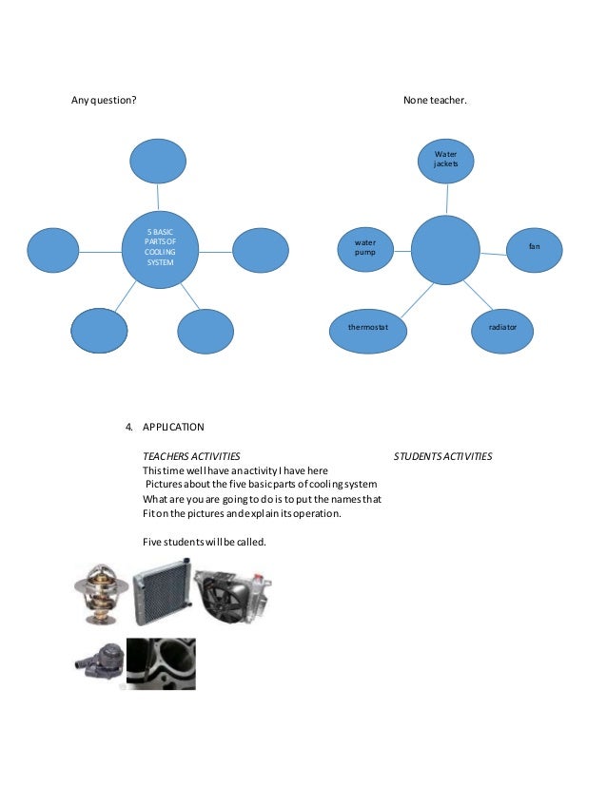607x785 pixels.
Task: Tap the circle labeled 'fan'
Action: tap(535, 246)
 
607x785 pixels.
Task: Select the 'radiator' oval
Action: tap(502, 326)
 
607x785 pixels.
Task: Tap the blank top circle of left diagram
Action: tap(158, 162)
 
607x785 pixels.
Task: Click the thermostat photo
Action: tap(99, 595)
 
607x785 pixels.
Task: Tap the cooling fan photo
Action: tap(232, 595)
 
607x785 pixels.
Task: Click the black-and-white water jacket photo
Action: tap(162, 663)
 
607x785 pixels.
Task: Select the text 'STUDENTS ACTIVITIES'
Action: tap(442, 456)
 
